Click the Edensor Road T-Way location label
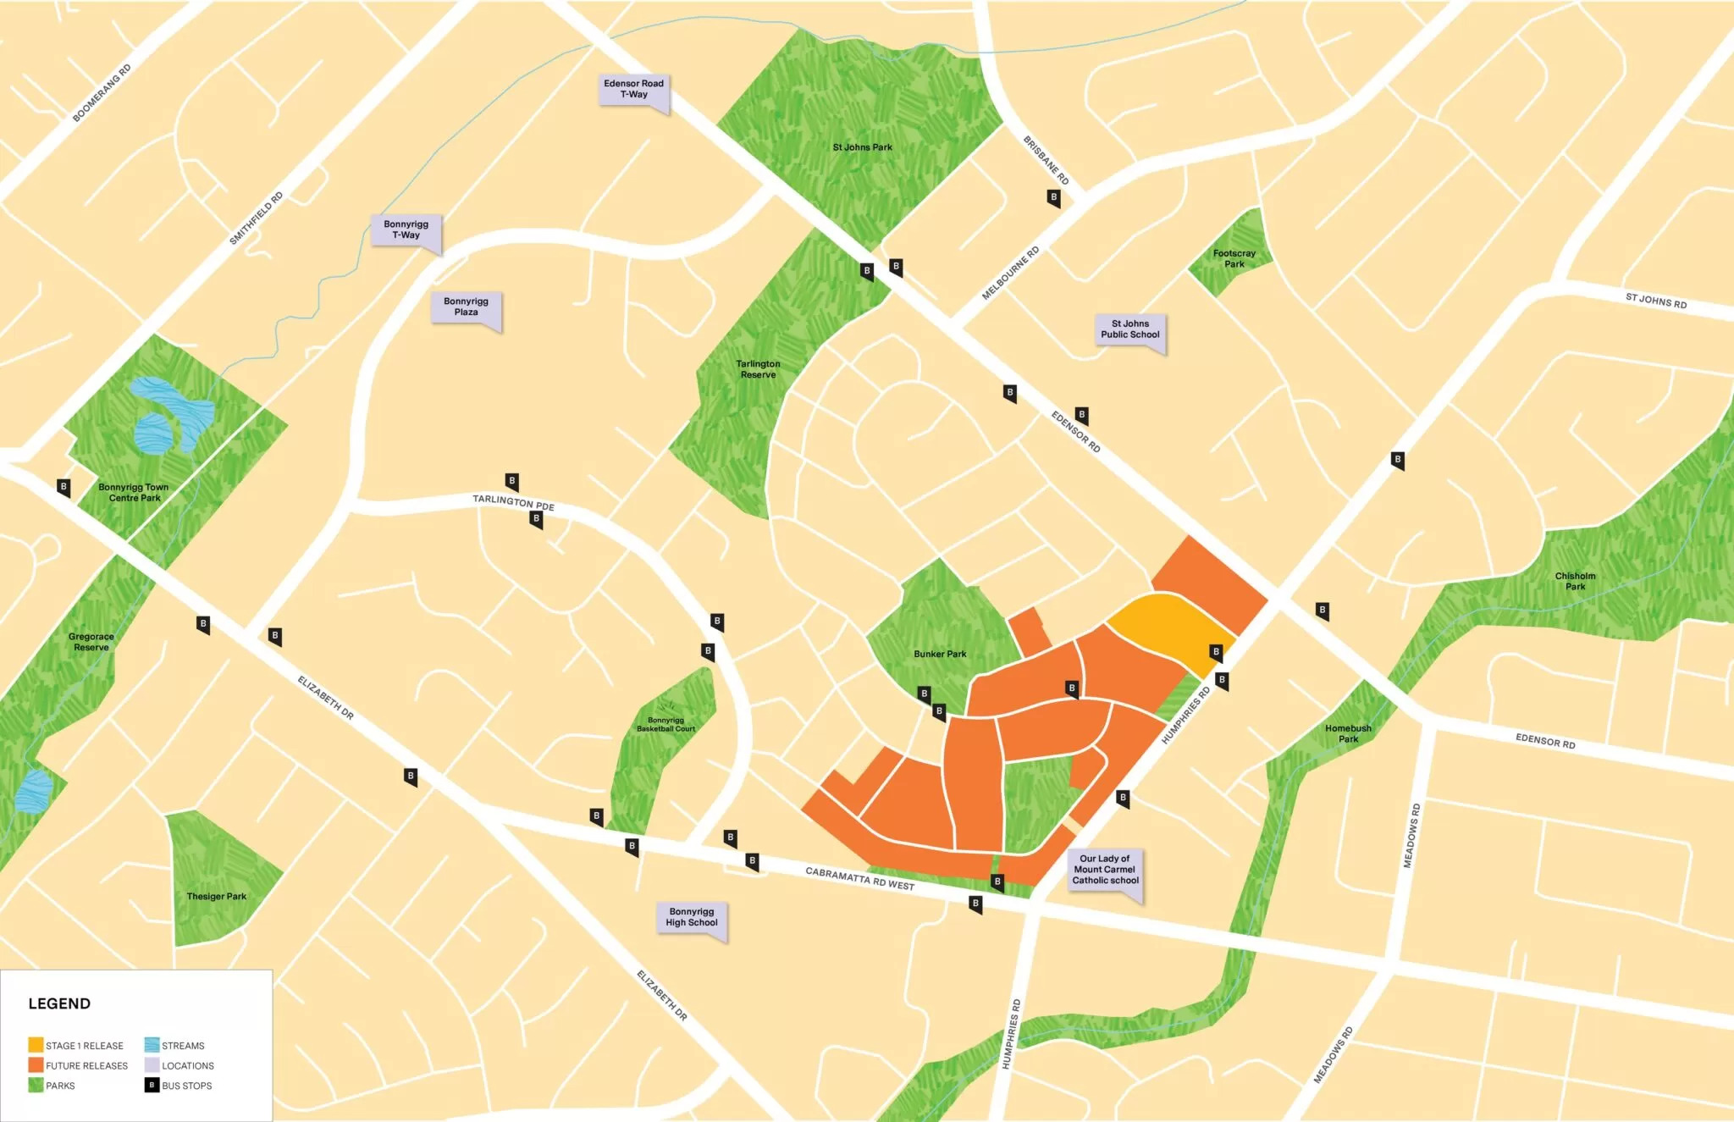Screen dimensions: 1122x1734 (x=633, y=89)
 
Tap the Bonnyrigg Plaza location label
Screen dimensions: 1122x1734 (x=466, y=307)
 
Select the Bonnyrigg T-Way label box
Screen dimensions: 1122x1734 (x=406, y=229)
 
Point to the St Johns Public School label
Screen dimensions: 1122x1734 (x=1129, y=329)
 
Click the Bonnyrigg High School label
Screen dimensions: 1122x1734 (x=691, y=917)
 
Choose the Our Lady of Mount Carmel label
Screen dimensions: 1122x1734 (x=1105, y=870)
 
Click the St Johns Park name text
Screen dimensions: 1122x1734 (x=862, y=147)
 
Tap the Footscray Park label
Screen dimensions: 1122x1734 (x=1234, y=258)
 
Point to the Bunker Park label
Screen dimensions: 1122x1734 (x=940, y=654)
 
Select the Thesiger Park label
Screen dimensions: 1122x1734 (x=217, y=896)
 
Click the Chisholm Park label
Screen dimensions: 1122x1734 (x=1575, y=581)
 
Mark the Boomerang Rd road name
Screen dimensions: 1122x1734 (x=102, y=93)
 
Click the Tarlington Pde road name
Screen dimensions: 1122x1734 (x=513, y=502)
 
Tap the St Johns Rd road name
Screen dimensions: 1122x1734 (x=1655, y=300)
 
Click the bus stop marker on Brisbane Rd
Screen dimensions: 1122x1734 (x=1053, y=198)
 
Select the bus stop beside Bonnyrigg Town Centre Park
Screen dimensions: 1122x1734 (x=64, y=487)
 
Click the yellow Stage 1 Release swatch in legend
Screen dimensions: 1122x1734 (x=36, y=1045)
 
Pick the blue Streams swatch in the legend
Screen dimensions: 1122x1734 (x=152, y=1045)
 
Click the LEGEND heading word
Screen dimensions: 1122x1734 (x=59, y=1003)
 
